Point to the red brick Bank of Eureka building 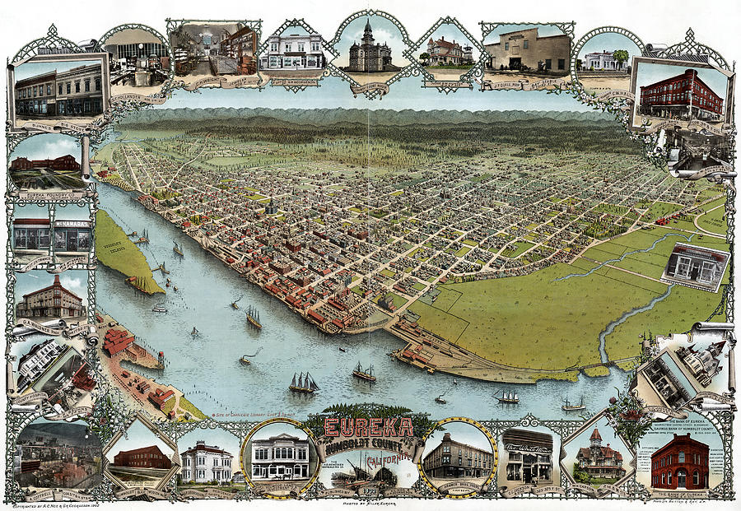(679, 462)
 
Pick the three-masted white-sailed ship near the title (303, 382)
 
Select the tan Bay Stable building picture (527, 49)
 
